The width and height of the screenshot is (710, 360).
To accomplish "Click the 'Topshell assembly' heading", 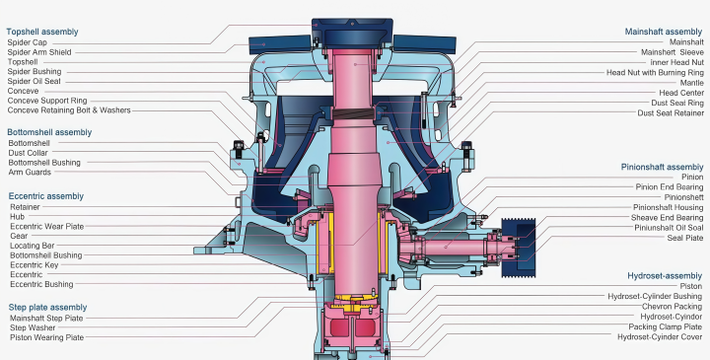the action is [42, 32].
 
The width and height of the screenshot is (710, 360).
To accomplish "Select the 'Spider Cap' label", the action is [27, 42].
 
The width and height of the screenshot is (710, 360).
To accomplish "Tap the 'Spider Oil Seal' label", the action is [34, 82].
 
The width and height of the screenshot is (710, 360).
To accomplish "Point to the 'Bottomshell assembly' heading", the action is [49, 132].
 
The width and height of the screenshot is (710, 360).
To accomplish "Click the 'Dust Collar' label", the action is [28, 153].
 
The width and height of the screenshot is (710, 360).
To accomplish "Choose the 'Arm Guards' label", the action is [30, 172].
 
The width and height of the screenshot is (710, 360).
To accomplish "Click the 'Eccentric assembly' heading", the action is [45, 196].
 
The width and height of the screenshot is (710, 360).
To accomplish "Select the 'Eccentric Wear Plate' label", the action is [47, 227].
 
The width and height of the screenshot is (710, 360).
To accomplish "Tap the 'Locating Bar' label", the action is [33, 246].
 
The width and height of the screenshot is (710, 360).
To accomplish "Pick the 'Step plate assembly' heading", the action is [47, 307].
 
